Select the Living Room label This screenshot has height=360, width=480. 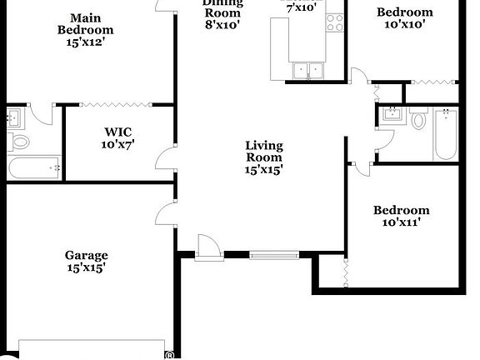pyautogui.click(x=263, y=157)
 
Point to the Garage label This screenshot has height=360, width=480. pyautogui.click(x=87, y=262)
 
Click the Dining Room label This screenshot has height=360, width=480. pyautogui.click(x=222, y=12)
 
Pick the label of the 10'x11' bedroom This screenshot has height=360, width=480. pyautogui.click(x=401, y=217)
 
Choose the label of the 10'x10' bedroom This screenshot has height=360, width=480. pyautogui.click(x=404, y=18)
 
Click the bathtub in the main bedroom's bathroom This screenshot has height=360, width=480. pyautogui.click(x=34, y=167)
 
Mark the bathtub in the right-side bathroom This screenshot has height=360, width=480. pyautogui.click(x=445, y=136)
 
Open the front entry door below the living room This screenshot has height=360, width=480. pyautogui.click(x=207, y=247)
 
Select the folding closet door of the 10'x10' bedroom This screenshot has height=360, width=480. pyautogui.click(x=432, y=82)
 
